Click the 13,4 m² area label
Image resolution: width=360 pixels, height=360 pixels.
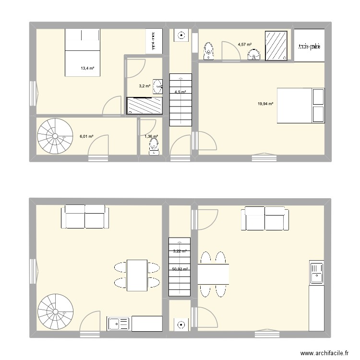click(x=87, y=69)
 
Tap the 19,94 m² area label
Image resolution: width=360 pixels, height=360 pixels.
click(x=265, y=104)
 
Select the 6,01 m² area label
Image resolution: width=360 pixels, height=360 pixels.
click(x=86, y=136)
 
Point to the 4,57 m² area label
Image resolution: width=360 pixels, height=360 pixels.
click(x=244, y=45)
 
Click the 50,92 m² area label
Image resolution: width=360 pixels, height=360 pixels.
click(x=180, y=269)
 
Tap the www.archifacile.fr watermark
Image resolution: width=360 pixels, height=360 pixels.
click(x=324, y=353)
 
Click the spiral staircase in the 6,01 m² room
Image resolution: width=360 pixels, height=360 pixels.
click(x=52, y=136)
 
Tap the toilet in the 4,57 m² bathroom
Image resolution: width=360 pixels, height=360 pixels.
click(x=209, y=51)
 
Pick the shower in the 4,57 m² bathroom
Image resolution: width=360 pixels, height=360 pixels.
click(x=276, y=46)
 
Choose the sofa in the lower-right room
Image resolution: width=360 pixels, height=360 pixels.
click(x=265, y=218)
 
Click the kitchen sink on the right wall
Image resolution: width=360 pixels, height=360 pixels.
click(x=317, y=274)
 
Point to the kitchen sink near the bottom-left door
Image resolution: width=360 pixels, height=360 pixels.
click(x=118, y=324)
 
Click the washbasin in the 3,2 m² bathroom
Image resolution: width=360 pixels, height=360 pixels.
click(x=158, y=85)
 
